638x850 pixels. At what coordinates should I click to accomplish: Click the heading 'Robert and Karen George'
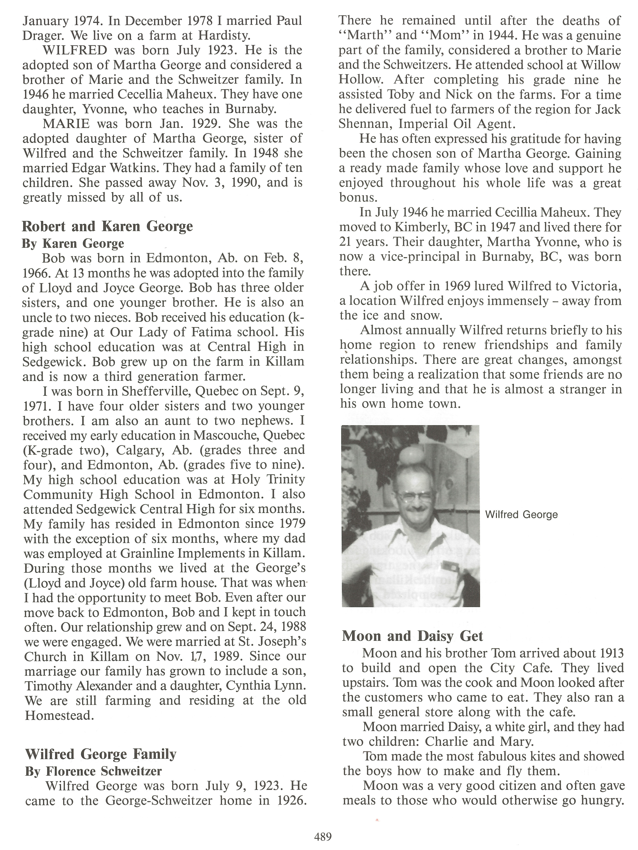point(107,226)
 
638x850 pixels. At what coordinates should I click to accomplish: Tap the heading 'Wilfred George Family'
point(101,754)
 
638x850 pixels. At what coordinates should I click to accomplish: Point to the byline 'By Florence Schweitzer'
point(93,771)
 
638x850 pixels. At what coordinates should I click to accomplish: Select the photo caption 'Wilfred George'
point(521,515)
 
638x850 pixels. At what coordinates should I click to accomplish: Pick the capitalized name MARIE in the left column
point(66,124)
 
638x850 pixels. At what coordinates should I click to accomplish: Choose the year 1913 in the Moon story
point(609,653)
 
